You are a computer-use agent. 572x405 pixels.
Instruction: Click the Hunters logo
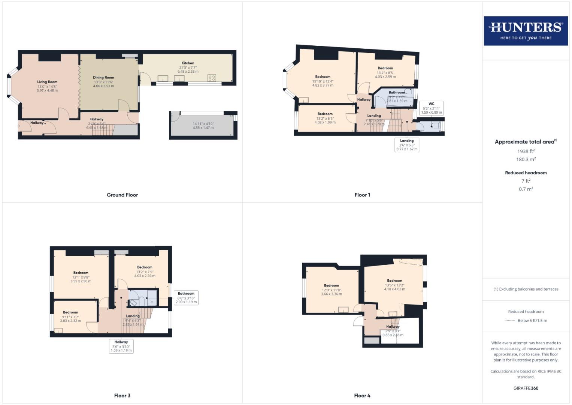coord(526,31)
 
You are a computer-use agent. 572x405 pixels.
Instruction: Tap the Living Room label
coord(47,82)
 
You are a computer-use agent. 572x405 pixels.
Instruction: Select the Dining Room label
coord(103,78)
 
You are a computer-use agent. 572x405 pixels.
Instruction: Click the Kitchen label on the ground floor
coord(188,63)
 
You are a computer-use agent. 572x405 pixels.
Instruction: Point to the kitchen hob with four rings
coord(212,78)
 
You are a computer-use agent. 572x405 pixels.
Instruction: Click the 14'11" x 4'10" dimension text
coord(203,124)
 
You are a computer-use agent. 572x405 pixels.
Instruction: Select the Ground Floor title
coord(122,195)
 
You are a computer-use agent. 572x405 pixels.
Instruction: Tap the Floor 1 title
coord(362,195)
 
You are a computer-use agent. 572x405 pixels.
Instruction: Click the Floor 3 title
coord(122,396)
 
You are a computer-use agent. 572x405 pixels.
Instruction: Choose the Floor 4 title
coord(362,396)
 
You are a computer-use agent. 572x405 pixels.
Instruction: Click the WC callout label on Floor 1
coord(432,104)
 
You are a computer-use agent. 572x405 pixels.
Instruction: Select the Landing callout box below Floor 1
coord(407,145)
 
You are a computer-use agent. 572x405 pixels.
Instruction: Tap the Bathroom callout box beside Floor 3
coord(186,298)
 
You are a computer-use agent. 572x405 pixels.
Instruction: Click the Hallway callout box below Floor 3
coord(121,346)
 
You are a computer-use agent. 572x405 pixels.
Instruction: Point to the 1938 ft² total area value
coord(526,151)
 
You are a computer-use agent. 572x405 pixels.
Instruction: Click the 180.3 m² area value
coord(526,159)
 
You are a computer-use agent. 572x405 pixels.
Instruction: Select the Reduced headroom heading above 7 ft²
coord(526,173)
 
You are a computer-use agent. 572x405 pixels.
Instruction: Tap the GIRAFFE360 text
coord(526,388)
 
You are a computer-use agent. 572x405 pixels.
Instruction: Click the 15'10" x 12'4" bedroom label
coord(323,81)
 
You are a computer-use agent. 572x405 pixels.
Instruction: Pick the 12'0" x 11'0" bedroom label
coord(332,290)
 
